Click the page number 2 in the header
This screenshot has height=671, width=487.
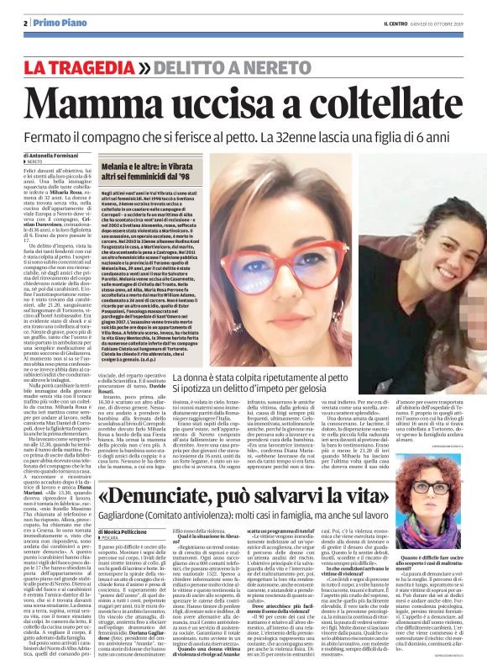coord(26,24)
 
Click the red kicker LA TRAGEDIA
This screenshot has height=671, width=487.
coord(81,66)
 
